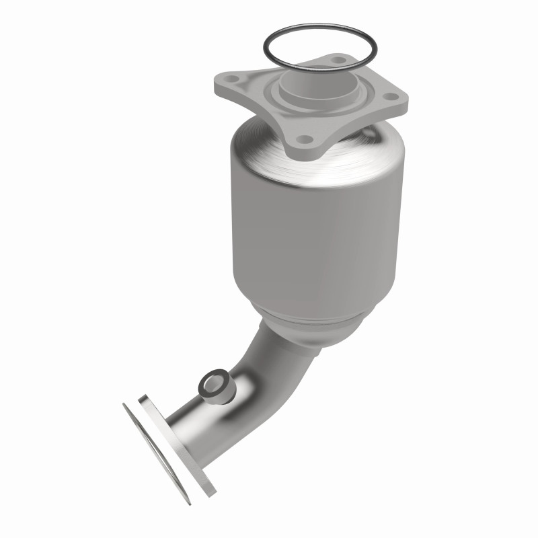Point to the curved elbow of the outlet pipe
point(266,356)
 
